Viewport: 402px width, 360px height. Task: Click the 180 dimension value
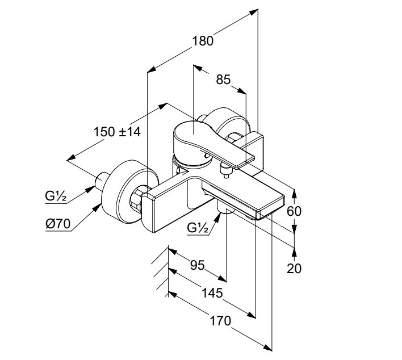pyautogui.click(x=202, y=41)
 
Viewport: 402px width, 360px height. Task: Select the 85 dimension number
pyautogui.click(x=223, y=79)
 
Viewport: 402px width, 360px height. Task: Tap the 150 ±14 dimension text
pyautogui.click(x=117, y=131)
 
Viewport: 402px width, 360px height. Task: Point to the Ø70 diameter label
pyautogui.click(x=57, y=224)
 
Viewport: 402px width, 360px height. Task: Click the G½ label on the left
pyautogui.click(x=57, y=196)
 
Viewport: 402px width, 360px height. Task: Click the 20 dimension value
pyautogui.click(x=294, y=268)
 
